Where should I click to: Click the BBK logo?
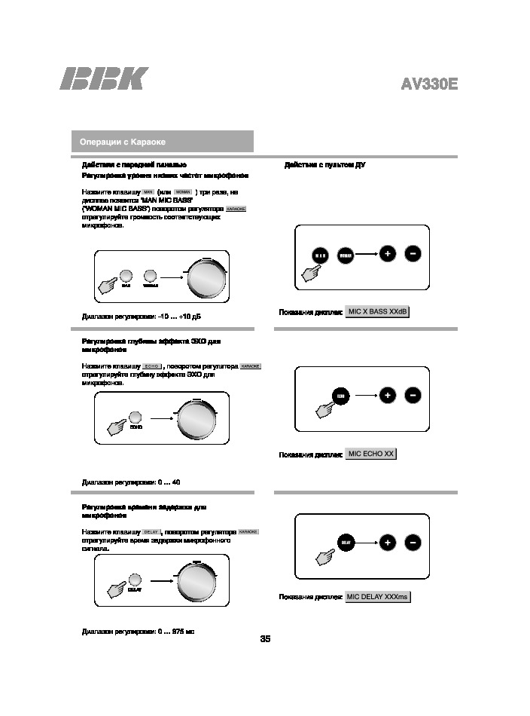click(x=104, y=80)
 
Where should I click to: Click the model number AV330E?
click(x=428, y=84)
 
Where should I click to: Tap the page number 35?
click(x=265, y=639)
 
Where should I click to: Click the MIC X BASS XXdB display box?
click(x=377, y=312)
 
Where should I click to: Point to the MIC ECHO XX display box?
click(x=370, y=454)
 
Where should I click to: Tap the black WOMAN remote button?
click(x=346, y=255)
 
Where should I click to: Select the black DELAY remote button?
click(x=346, y=542)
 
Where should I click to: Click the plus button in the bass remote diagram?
click(x=387, y=254)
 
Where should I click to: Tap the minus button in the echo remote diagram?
click(x=413, y=395)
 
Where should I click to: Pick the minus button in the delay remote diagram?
click(x=413, y=542)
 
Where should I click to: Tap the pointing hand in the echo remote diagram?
click(x=327, y=408)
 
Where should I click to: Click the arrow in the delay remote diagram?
click(x=365, y=542)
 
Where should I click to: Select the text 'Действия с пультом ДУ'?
click(x=325, y=164)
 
